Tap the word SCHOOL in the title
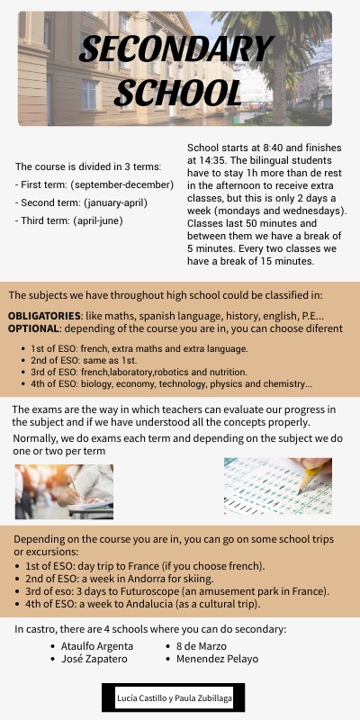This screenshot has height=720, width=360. pyautogui.click(x=178, y=92)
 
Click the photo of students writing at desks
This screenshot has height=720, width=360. pyautogui.click(x=64, y=491)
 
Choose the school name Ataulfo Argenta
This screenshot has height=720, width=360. pyautogui.click(x=96, y=646)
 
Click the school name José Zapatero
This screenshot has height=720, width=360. pyautogui.click(x=94, y=659)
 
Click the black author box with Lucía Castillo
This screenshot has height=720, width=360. pyautogui.click(x=180, y=697)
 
